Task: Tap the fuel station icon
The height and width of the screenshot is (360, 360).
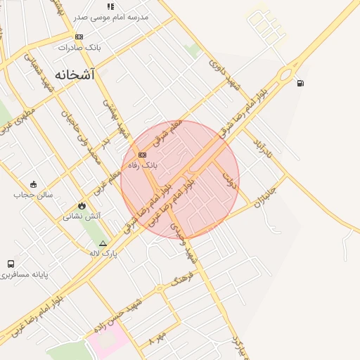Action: click(301, 84)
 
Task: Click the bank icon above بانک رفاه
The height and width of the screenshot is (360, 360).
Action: click(142, 155)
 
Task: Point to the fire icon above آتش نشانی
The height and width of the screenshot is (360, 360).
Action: click(82, 206)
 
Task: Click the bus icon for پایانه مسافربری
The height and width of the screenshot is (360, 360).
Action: click(11, 264)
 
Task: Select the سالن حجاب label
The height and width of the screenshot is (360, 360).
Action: click(28, 195)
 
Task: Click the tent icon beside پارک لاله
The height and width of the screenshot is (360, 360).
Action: click(103, 243)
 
